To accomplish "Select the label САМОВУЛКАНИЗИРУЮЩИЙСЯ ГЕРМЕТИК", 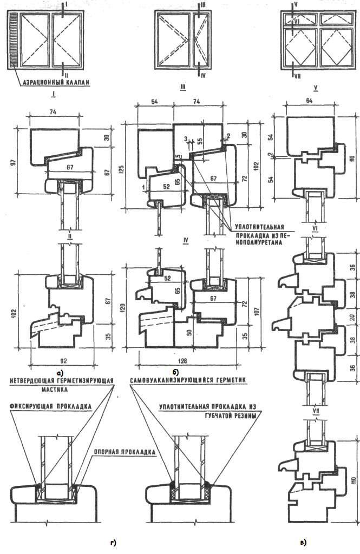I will point(188,380).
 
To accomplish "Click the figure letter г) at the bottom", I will point(113,542).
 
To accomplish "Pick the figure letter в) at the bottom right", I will point(303,540).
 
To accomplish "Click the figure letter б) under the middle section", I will point(175,372).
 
